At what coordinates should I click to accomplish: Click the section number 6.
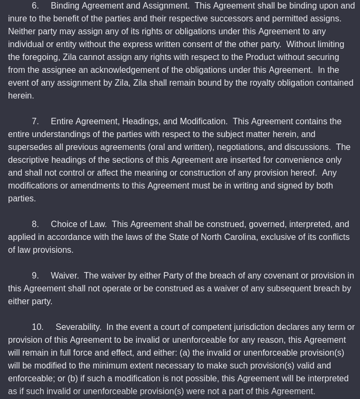[x=35, y=6]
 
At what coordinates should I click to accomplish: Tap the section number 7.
[x=35, y=122]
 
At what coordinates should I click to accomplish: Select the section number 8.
[x=35, y=224]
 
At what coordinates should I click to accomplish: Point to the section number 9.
[x=35, y=276]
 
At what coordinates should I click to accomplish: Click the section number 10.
[x=37, y=327]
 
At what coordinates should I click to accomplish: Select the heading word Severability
[x=78, y=327]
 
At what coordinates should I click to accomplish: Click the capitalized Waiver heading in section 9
[x=65, y=276]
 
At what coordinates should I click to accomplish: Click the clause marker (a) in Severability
[x=185, y=353]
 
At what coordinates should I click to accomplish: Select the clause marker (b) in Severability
[x=72, y=379]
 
